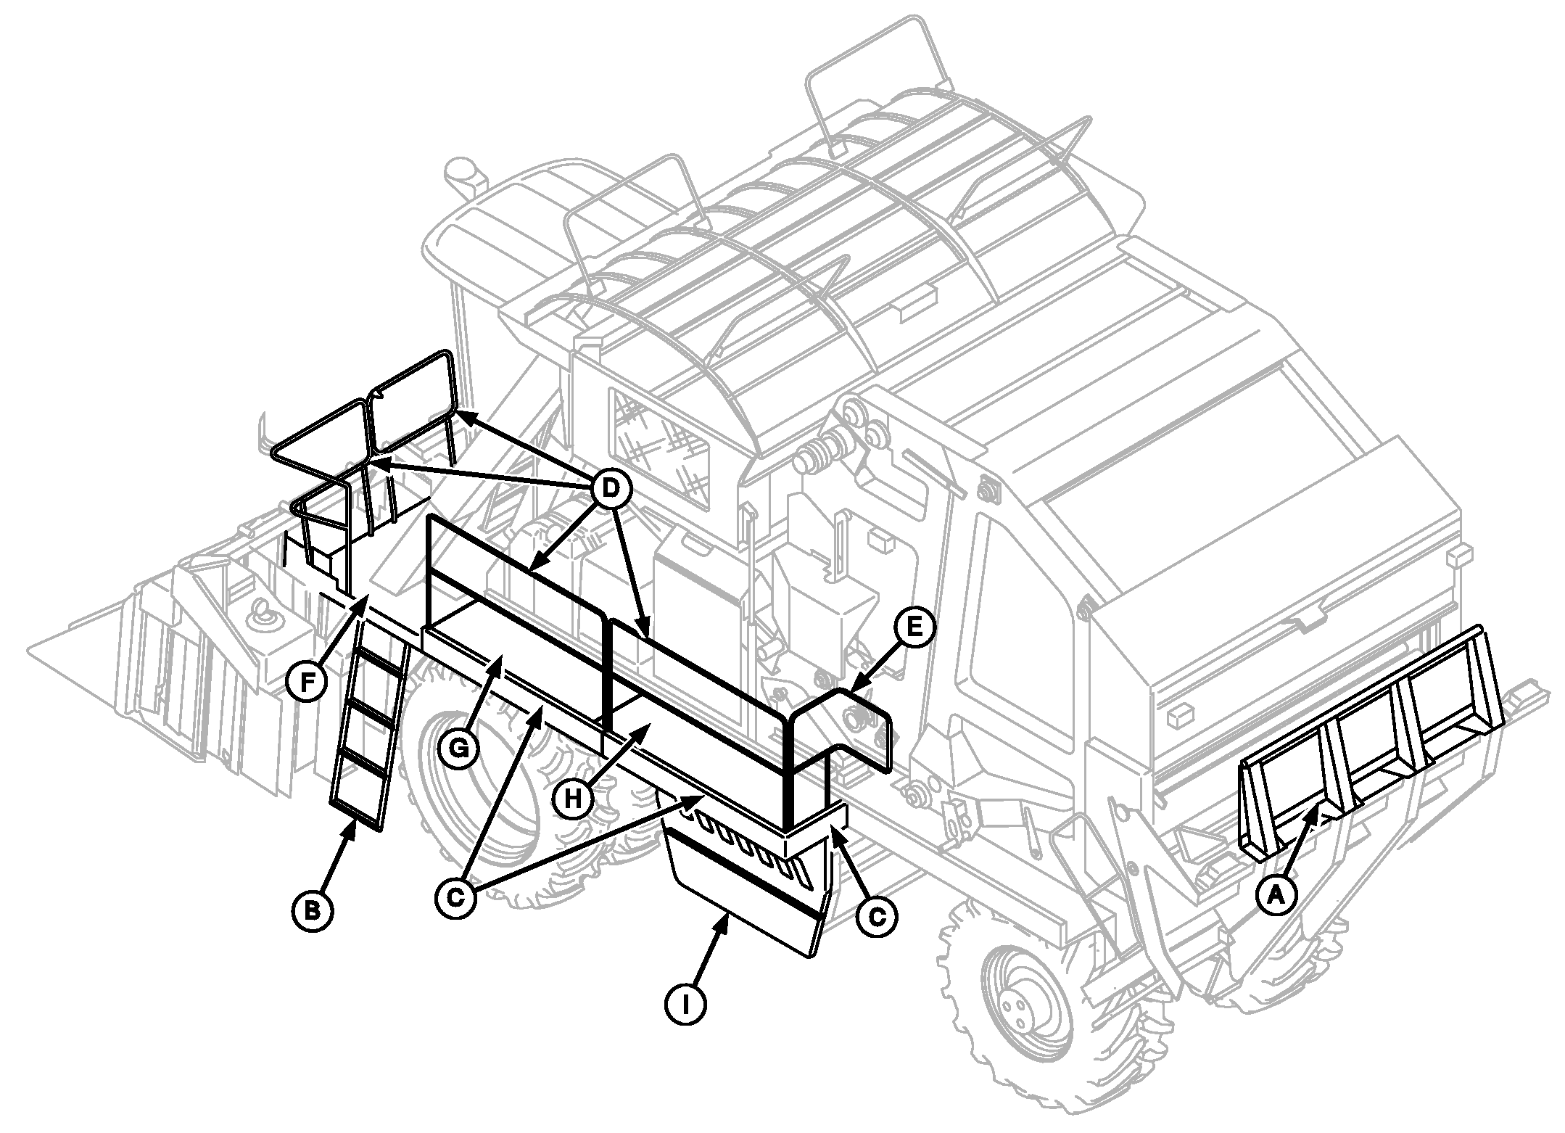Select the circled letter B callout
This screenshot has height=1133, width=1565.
(x=313, y=910)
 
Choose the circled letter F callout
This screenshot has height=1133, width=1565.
(x=305, y=683)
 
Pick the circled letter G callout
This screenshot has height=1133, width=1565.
(x=459, y=749)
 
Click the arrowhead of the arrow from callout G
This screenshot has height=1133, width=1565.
(x=498, y=660)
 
